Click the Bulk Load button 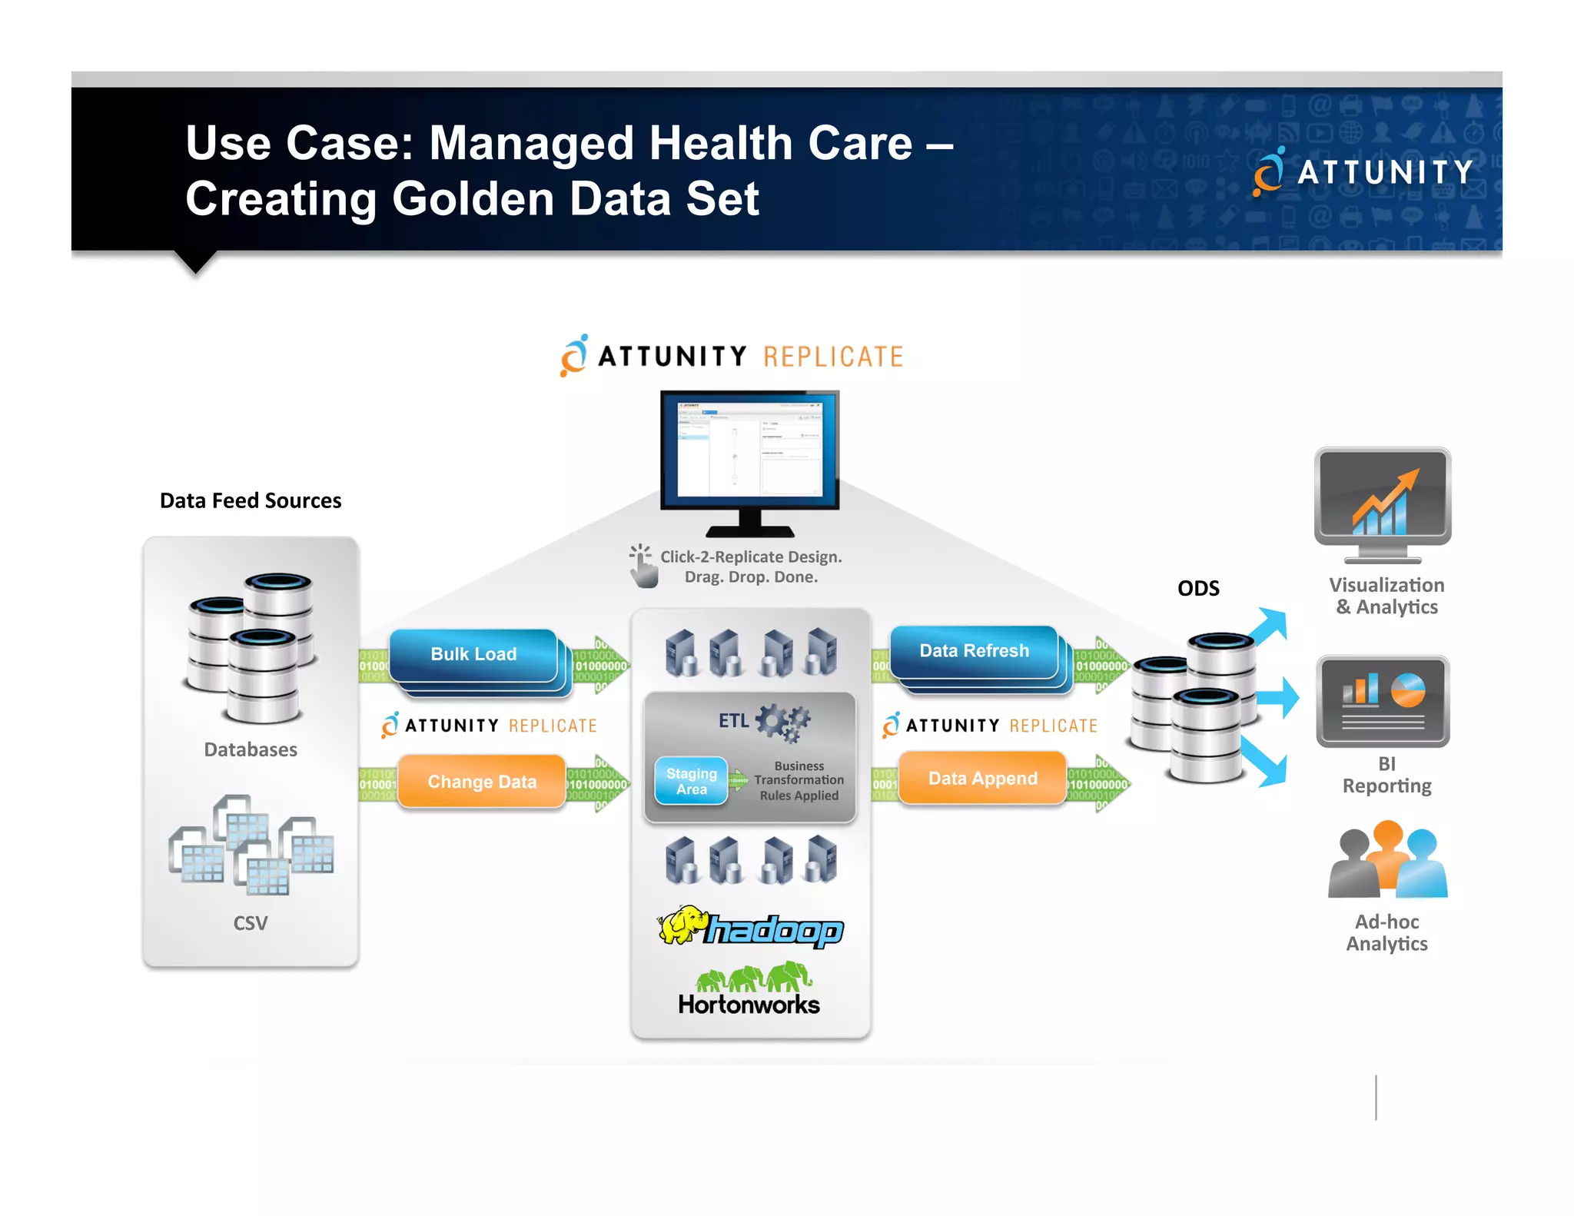point(473,654)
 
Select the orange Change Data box point(482,782)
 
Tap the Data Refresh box point(974,651)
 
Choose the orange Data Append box point(982,779)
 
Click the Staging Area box point(691,781)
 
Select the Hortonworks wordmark point(749,1005)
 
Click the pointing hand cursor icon point(643,567)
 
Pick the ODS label point(1197,589)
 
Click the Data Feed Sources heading point(251,501)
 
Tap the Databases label point(251,750)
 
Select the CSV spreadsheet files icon point(251,846)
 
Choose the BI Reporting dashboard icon point(1382,701)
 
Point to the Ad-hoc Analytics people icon point(1387,861)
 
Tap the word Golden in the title point(473,199)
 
